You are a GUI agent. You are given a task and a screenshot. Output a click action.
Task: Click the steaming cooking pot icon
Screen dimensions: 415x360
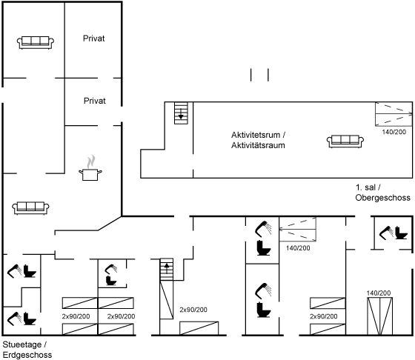(90, 168)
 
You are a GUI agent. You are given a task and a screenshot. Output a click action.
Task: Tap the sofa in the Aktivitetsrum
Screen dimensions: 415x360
(345, 141)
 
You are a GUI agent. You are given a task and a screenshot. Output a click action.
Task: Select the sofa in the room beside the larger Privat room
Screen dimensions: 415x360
(36, 42)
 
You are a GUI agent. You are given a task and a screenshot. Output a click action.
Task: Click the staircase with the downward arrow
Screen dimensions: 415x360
(181, 113)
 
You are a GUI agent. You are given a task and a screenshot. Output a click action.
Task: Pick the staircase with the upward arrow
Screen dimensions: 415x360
(167, 270)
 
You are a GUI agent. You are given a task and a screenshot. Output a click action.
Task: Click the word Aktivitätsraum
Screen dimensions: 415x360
(258, 145)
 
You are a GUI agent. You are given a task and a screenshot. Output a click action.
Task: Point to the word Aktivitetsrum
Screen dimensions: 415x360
(256, 135)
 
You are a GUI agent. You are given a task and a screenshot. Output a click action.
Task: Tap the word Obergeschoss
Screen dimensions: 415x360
(382, 198)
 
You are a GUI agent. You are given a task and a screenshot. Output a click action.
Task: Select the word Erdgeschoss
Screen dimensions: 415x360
(27, 355)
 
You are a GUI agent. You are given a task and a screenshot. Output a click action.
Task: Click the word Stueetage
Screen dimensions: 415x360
(22, 344)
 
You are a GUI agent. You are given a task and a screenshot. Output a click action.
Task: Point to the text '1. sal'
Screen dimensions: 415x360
(365, 187)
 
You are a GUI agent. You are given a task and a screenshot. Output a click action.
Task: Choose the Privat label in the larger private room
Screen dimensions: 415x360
(93, 39)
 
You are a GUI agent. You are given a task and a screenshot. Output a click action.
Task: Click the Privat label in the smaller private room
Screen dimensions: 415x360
(95, 101)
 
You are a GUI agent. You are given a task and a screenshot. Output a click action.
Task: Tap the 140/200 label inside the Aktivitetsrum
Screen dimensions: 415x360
(394, 132)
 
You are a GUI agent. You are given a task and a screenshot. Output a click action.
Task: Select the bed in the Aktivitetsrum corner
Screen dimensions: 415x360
(394, 114)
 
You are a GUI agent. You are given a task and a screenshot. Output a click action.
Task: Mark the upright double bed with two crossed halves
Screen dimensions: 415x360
(379, 316)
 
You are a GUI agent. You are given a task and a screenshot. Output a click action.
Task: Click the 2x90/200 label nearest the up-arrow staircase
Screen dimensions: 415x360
(193, 310)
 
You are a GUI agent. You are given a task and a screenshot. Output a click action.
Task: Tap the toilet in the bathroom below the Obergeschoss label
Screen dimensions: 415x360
(401, 233)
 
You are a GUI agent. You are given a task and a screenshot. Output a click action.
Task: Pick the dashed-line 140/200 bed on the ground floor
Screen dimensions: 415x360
(298, 230)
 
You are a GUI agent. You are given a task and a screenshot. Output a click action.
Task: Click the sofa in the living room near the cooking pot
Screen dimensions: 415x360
(30, 208)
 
